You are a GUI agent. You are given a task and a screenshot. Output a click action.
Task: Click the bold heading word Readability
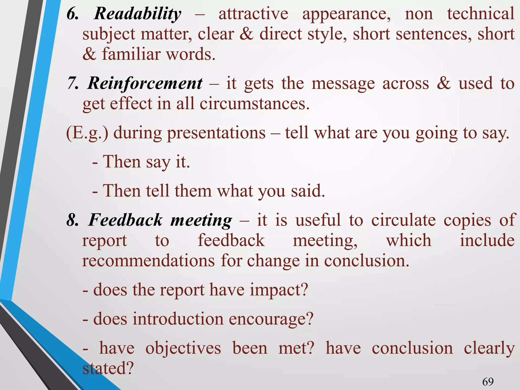(x=137, y=14)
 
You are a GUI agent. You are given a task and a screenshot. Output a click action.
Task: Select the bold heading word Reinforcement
(x=145, y=84)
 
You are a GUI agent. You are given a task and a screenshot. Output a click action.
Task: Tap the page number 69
(x=488, y=382)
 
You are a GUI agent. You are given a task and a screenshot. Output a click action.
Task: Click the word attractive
(x=253, y=14)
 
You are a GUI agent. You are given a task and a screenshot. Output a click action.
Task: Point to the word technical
(x=481, y=14)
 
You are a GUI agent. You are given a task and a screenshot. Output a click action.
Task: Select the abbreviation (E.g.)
(x=87, y=133)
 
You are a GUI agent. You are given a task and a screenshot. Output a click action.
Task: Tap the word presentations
(x=216, y=133)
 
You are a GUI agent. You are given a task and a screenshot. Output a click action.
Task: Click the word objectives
(x=183, y=348)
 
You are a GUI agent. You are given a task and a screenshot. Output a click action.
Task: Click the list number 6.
(x=72, y=14)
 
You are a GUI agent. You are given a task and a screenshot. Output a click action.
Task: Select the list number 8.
(x=72, y=220)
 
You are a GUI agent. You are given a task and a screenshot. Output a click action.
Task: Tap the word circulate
(x=403, y=220)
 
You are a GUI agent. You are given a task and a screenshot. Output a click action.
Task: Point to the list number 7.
(x=72, y=84)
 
